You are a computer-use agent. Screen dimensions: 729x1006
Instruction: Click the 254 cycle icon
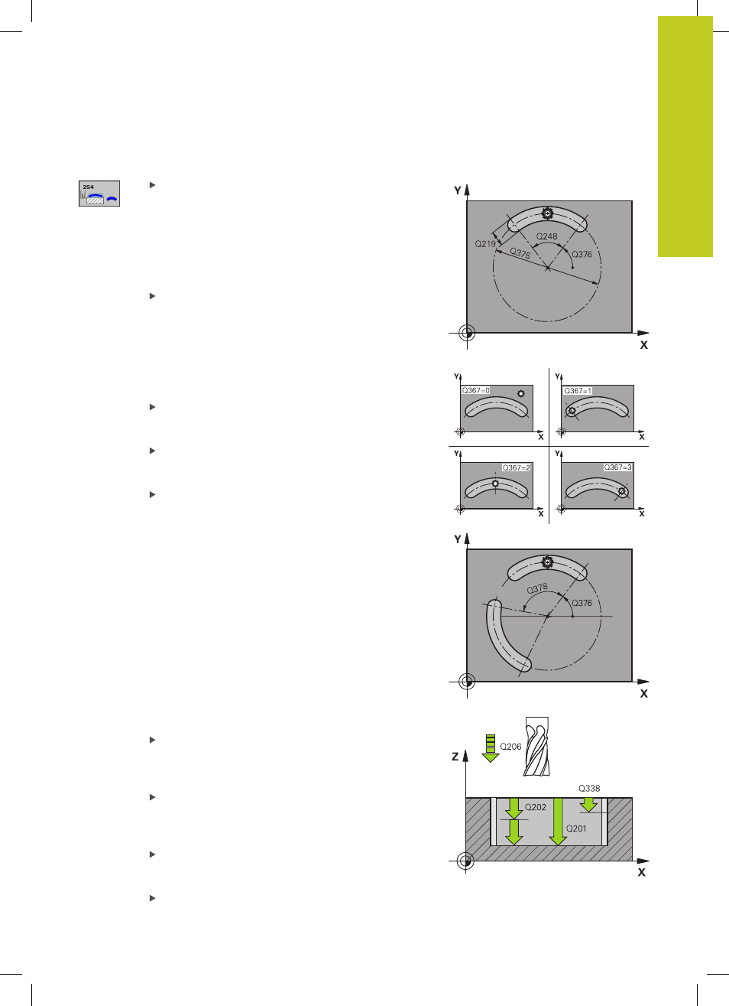pyautogui.click(x=99, y=194)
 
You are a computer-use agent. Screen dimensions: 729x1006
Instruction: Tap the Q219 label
pyautogui.click(x=485, y=244)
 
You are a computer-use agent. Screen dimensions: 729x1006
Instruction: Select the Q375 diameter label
pyautogui.click(x=520, y=253)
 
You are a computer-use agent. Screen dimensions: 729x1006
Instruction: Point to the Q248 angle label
pyautogui.click(x=546, y=236)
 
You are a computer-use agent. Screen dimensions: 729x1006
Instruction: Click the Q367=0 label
pyautogui.click(x=475, y=391)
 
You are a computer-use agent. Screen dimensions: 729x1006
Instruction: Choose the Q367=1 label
pyautogui.click(x=578, y=391)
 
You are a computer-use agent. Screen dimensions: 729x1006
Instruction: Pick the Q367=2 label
pyautogui.click(x=516, y=467)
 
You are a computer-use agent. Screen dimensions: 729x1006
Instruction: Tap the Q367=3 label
pyautogui.click(x=617, y=467)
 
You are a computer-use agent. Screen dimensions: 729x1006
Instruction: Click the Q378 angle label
pyautogui.click(x=537, y=588)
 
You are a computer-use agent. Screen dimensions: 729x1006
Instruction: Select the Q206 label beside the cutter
pyautogui.click(x=510, y=747)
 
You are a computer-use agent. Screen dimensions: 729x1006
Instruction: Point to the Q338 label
pyautogui.click(x=589, y=788)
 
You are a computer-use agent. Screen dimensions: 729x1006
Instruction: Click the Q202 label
pyautogui.click(x=535, y=807)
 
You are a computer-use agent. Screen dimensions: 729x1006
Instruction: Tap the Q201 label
pyautogui.click(x=576, y=829)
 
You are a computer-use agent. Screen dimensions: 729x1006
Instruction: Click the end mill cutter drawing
pyautogui.click(x=536, y=747)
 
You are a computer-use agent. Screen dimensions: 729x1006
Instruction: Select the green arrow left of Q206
pyautogui.click(x=491, y=748)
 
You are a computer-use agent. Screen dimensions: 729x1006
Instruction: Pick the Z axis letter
pyautogui.click(x=455, y=757)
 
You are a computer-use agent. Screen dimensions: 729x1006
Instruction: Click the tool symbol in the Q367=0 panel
pyautogui.click(x=520, y=394)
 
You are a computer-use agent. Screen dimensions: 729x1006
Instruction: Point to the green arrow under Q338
pyautogui.click(x=588, y=805)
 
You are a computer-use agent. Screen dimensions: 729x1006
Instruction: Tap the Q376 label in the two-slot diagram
pyautogui.click(x=582, y=603)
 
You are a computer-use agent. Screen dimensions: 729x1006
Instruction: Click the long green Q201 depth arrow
pyautogui.click(x=558, y=822)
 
